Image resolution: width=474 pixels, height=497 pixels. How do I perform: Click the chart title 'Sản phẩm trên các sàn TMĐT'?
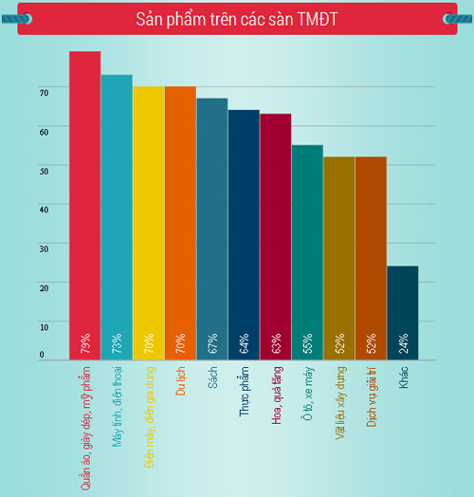click(x=237, y=19)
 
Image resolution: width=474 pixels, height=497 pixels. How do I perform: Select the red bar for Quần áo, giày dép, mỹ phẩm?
click(x=85, y=206)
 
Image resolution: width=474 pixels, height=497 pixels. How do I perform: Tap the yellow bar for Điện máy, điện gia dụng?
click(x=149, y=223)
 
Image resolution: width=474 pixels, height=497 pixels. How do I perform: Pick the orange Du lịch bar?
click(x=180, y=223)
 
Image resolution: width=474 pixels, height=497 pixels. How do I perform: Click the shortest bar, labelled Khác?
click(x=403, y=313)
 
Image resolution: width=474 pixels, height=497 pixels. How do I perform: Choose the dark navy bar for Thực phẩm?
click(x=244, y=235)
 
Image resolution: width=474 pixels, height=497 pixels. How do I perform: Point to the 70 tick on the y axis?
click(x=45, y=93)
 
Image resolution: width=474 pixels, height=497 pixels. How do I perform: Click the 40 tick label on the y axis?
click(x=45, y=210)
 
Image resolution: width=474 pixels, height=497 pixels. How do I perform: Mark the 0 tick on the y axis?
click(x=42, y=355)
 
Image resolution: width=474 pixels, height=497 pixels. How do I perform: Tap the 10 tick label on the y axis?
click(x=45, y=327)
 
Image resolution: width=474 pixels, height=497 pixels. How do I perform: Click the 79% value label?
click(x=85, y=343)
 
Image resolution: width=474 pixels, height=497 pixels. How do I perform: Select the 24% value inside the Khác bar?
click(x=403, y=343)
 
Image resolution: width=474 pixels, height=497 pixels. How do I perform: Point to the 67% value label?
click(x=212, y=343)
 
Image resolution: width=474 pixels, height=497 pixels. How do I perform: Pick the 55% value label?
click(x=308, y=343)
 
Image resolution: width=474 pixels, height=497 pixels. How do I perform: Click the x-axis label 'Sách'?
click(x=212, y=377)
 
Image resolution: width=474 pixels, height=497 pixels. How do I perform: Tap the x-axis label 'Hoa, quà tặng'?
click(x=277, y=396)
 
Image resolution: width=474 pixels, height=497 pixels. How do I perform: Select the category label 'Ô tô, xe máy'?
click(x=308, y=394)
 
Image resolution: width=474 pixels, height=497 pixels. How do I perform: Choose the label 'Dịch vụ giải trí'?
click(x=372, y=396)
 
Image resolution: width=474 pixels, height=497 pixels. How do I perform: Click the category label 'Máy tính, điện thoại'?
click(x=118, y=407)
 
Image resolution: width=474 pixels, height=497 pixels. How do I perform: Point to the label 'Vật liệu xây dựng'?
click(x=340, y=403)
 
